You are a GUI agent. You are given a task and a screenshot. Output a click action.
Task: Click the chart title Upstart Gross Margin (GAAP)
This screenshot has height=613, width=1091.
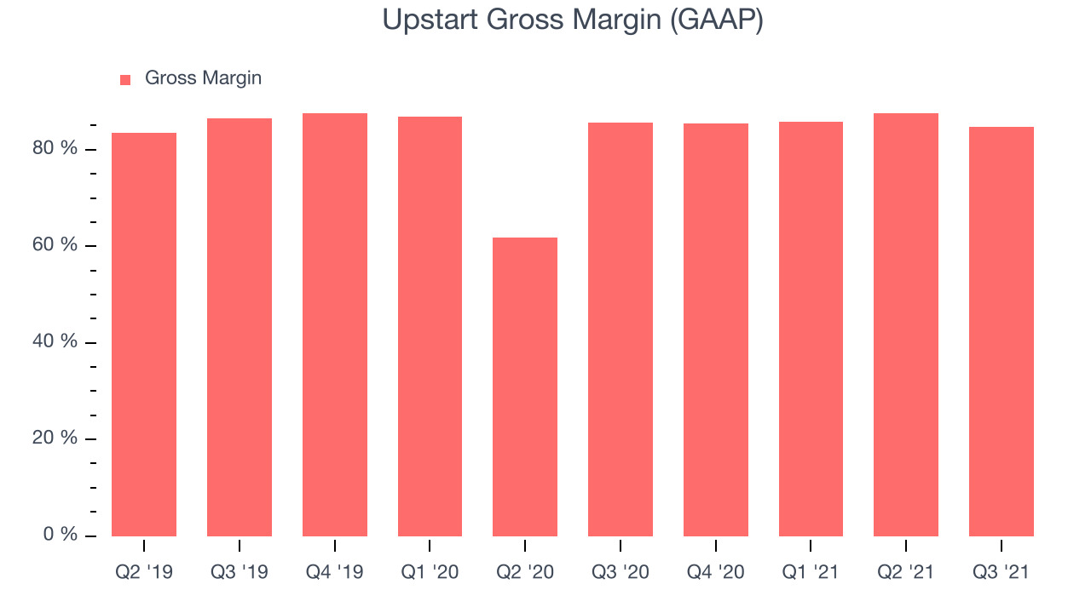[x=572, y=20]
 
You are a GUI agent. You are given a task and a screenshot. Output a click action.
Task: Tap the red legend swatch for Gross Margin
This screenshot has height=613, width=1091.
[x=125, y=80]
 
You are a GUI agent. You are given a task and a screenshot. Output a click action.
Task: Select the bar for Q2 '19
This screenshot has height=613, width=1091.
[x=144, y=335]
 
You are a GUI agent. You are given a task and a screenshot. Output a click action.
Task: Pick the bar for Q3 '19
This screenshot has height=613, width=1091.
[x=240, y=328]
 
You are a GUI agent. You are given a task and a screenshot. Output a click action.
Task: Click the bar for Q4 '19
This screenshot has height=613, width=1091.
[x=335, y=325]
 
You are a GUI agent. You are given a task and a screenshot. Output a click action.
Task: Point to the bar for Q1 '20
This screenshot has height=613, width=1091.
[x=430, y=326]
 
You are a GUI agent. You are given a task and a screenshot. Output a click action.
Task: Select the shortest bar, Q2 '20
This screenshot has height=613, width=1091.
[x=525, y=387]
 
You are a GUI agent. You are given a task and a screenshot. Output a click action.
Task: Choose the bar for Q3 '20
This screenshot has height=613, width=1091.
[x=621, y=329]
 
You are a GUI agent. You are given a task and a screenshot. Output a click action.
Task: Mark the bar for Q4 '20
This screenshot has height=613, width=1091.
[x=716, y=329]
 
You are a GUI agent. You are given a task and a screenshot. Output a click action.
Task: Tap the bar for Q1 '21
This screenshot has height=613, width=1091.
[x=811, y=329]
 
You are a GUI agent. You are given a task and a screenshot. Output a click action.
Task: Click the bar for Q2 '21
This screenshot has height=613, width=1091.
[x=906, y=325]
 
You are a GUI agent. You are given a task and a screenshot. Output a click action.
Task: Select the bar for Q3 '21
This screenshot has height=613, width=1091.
[x=1002, y=332]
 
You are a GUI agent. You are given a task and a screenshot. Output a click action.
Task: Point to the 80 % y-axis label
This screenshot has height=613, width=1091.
[x=55, y=148]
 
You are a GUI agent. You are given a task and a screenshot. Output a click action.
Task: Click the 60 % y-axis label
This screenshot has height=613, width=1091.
[x=55, y=244]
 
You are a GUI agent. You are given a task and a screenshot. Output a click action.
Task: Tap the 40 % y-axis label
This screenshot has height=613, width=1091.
[x=55, y=341]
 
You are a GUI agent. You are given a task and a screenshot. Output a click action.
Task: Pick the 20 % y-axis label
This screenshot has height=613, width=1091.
[x=55, y=438]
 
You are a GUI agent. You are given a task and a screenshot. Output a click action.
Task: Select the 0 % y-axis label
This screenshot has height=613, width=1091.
[x=61, y=534]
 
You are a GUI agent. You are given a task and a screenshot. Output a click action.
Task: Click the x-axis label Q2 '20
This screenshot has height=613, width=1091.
[x=525, y=572]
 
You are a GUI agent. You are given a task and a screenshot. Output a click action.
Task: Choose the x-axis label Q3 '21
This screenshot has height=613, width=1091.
[x=1001, y=572]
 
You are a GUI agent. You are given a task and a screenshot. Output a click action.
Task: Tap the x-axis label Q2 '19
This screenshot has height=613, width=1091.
[x=144, y=572]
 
